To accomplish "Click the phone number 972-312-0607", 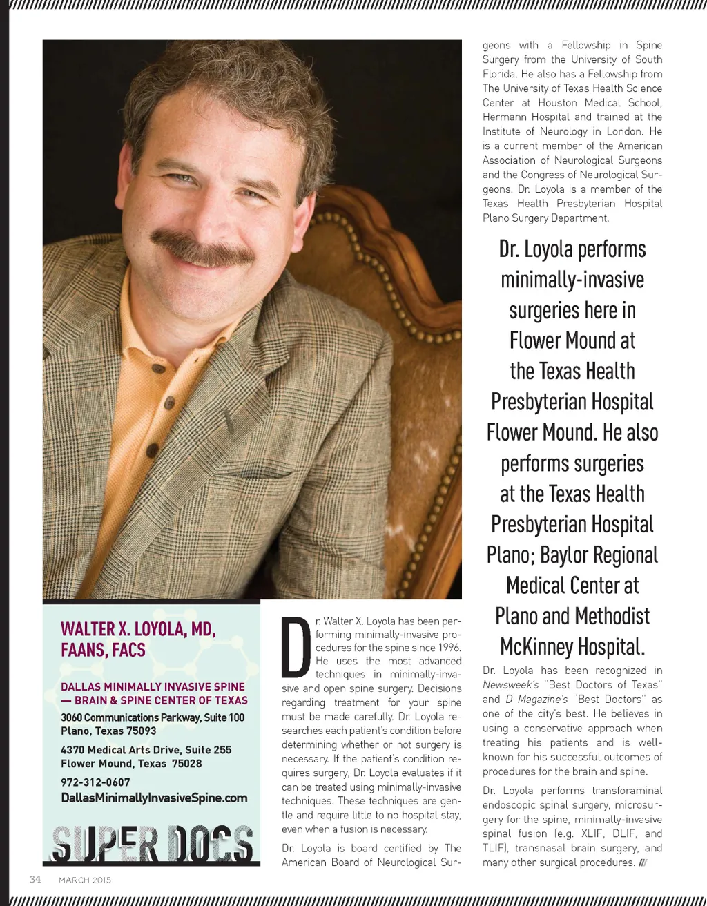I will pyautogui.click(x=95, y=782).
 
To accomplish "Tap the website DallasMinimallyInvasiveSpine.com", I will pyautogui.click(x=154, y=798).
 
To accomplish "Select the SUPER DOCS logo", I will pyautogui.click(x=152, y=844).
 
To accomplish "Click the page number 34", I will pyautogui.click(x=35, y=879).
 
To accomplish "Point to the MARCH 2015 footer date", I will pyautogui.click(x=85, y=880).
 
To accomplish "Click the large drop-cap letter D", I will pyautogui.click(x=296, y=648).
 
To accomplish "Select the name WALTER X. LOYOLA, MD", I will pyautogui.click(x=138, y=629).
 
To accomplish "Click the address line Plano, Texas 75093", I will pyautogui.click(x=108, y=731).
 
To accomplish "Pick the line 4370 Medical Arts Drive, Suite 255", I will pyautogui.click(x=146, y=750).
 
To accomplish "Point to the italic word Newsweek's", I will pyautogui.click(x=511, y=685).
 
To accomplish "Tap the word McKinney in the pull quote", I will pyautogui.click(x=536, y=647).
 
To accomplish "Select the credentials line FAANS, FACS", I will pyautogui.click(x=104, y=650).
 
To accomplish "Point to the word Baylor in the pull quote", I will pyautogui.click(x=568, y=555).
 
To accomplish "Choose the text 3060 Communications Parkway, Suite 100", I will pyautogui.click(x=153, y=717).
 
